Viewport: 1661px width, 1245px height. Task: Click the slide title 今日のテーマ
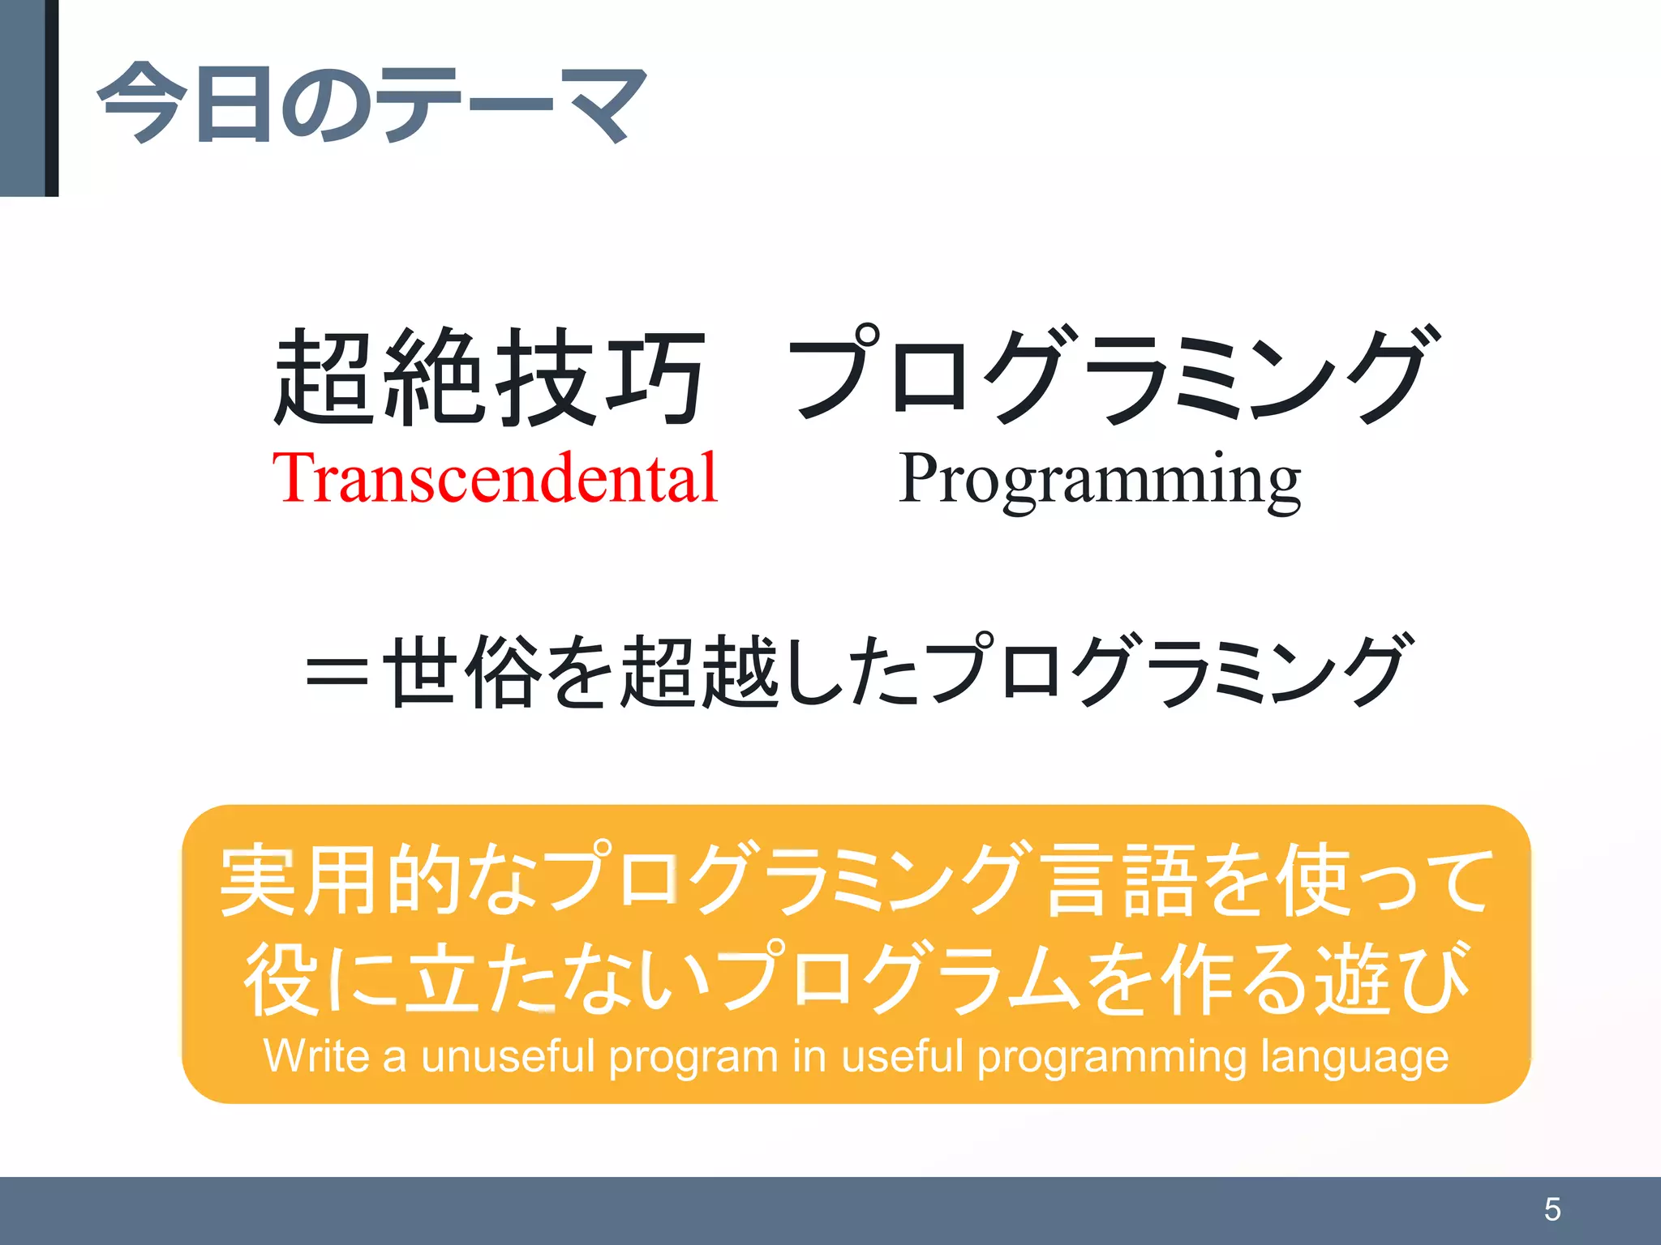(x=371, y=104)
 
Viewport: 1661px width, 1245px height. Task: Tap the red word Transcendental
(x=495, y=479)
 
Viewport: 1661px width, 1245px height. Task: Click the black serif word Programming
(x=1099, y=481)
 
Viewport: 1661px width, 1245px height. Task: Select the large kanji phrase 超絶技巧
(x=489, y=378)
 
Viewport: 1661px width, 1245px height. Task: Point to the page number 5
(x=1552, y=1209)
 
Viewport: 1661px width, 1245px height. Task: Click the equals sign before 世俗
(x=337, y=672)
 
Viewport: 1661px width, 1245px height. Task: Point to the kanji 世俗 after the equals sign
(x=461, y=671)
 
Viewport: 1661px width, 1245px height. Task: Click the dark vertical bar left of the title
(x=51, y=97)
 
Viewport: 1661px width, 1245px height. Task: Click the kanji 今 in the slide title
(x=137, y=104)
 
